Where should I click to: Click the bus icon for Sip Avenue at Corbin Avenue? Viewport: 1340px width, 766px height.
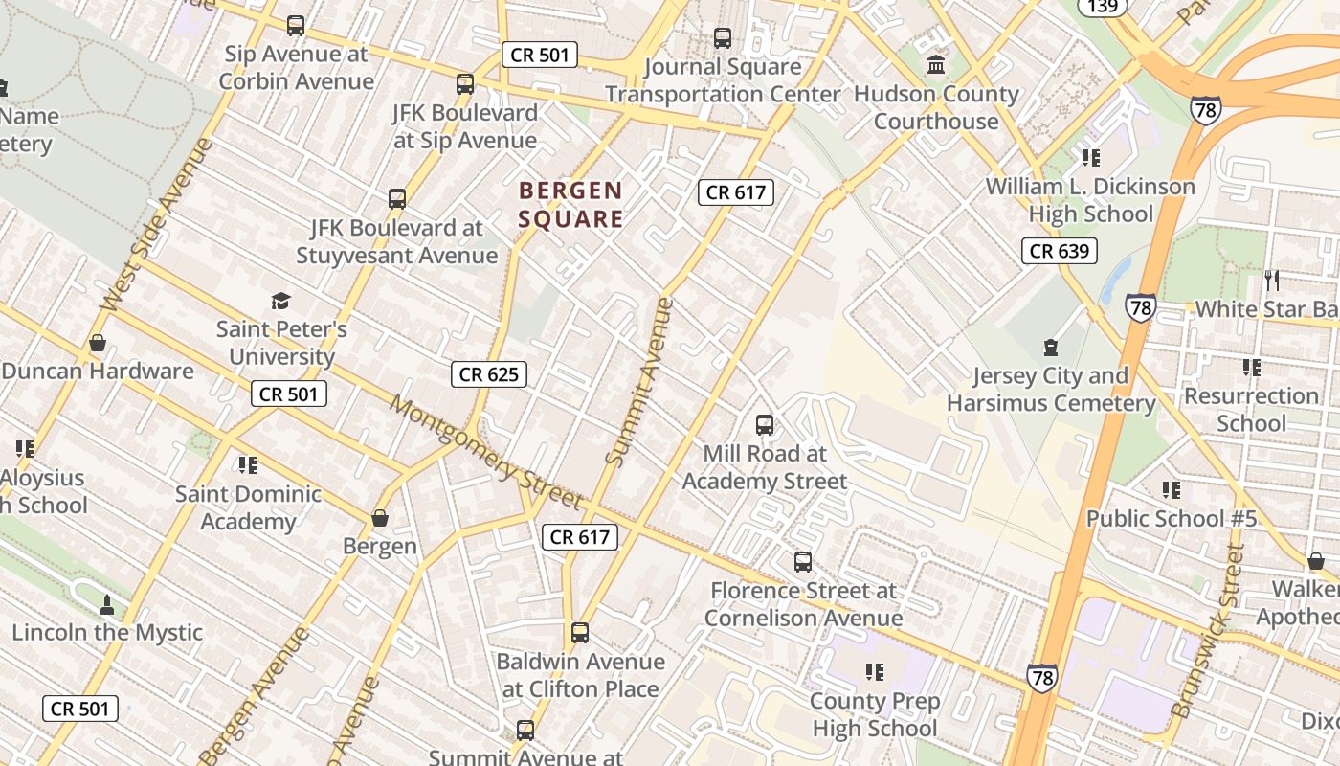click(296, 26)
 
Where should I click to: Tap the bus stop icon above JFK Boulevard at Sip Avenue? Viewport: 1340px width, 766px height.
click(465, 84)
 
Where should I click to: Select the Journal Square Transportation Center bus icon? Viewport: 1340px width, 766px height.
click(723, 38)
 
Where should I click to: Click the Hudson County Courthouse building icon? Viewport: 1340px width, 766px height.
click(936, 65)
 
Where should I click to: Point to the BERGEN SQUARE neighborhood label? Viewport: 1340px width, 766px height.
click(570, 205)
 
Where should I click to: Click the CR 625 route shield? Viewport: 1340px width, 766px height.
click(489, 374)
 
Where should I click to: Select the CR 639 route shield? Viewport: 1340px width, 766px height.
click(1059, 252)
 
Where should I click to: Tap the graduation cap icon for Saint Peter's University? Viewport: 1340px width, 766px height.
click(280, 302)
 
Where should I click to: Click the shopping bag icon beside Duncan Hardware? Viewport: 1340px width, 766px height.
click(98, 343)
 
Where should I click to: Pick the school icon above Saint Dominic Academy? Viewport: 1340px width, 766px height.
click(248, 465)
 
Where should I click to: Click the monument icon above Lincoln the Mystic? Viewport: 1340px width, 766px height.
click(107, 605)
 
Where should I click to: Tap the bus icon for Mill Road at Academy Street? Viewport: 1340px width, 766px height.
click(765, 424)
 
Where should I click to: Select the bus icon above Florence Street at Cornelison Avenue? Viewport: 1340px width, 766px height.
click(803, 562)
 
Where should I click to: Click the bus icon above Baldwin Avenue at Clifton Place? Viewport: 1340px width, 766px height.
click(580, 633)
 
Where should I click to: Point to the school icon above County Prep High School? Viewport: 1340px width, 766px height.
click(874, 672)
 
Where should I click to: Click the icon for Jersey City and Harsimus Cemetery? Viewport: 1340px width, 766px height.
click(1051, 348)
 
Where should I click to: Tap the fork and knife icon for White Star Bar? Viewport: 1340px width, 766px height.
click(1272, 281)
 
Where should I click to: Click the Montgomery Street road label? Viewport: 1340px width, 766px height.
click(485, 453)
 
